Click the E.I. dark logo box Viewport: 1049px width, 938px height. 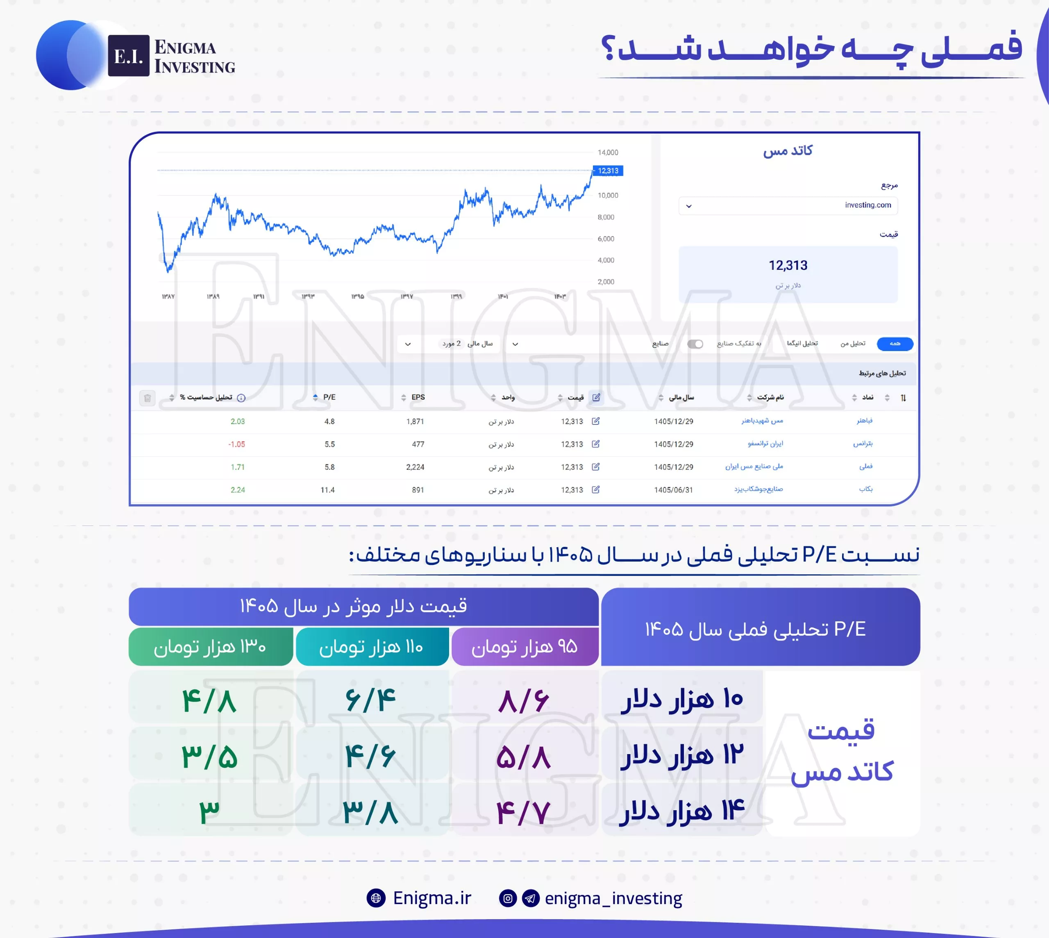[x=128, y=56]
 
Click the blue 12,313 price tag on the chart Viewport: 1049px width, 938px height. [x=608, y=170]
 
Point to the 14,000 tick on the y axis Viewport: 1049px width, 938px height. [x=608, y=152]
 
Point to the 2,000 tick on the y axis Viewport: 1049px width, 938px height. [x=606, y=282]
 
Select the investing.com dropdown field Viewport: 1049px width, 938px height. [x=788, y=205]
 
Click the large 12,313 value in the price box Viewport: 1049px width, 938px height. [x=788, y=265]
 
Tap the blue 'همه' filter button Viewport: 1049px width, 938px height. [x=895, y=344]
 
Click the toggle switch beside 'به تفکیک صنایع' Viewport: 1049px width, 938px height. [x=695, y=344]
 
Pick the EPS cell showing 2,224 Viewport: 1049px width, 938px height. [x=415, y=467]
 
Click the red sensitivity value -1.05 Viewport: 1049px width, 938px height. [x=236, y=444]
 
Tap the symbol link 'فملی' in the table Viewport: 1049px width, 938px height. [x=865, y=467]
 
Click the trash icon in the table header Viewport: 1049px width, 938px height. [x=148, y=398]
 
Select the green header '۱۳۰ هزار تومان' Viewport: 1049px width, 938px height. [x=210, y=646]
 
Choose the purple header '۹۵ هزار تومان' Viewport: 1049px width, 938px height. [x=525, y=646]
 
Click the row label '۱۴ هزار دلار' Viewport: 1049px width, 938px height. [x=682, y=811]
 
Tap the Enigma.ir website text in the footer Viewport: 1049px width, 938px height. [x=432, y=898]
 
